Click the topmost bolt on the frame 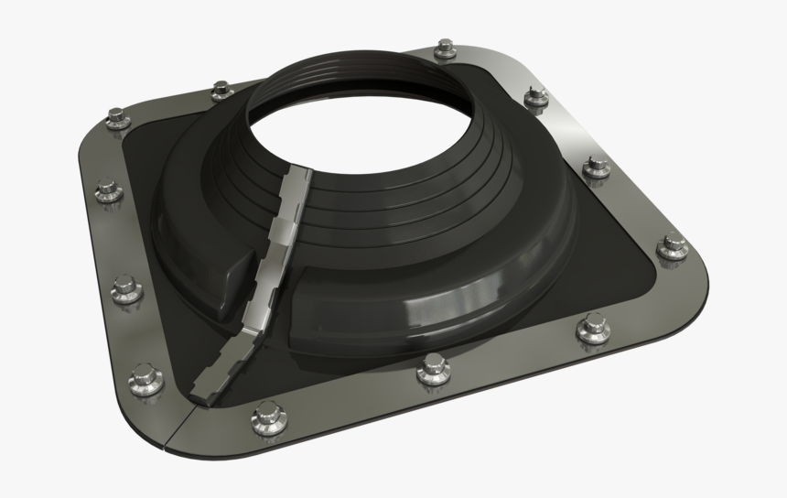coord(446,49)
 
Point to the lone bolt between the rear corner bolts coord(221,90)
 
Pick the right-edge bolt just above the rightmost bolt coord(597,167)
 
